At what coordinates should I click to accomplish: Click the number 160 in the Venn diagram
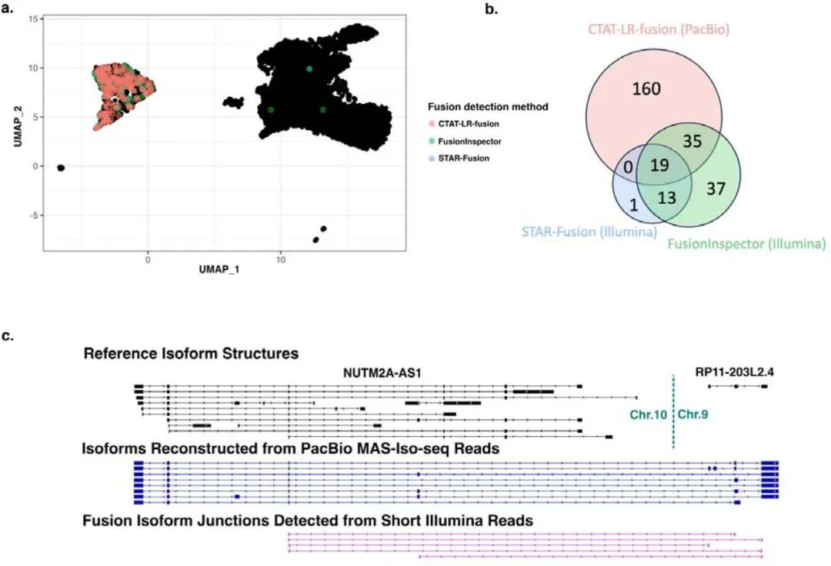pos(646,90)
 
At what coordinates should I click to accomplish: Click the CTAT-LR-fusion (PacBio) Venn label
pos(655,32)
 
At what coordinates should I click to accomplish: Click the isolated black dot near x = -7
pos(61,168)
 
